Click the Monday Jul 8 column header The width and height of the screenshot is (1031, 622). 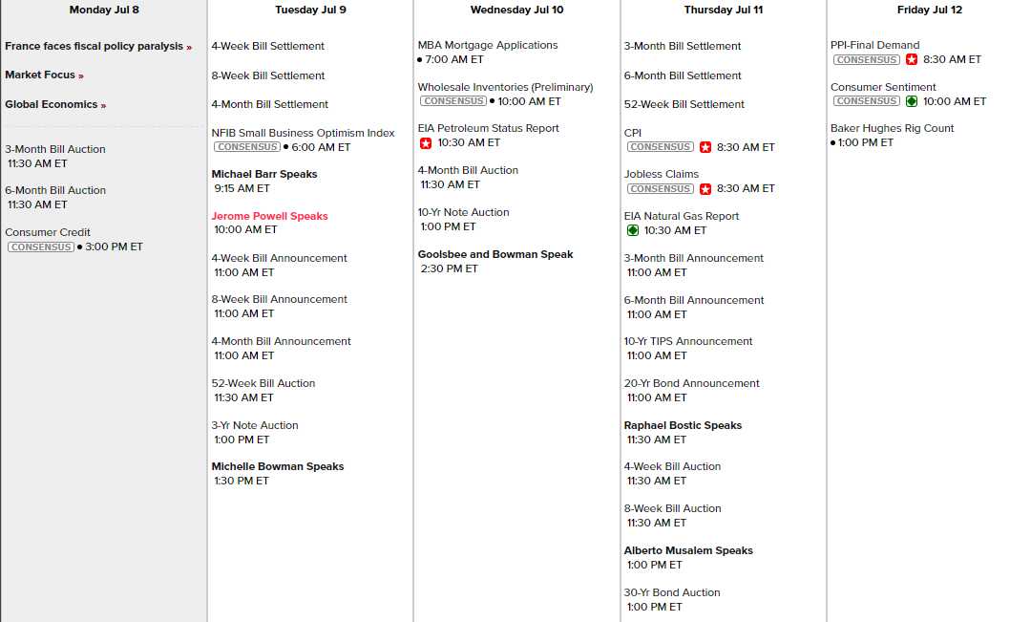point(104,10)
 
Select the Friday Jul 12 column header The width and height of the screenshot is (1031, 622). point(929,10)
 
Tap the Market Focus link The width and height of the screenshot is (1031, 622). point(40,75)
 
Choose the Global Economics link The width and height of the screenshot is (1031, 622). point(52,104)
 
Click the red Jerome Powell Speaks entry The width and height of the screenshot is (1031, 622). point(269,216)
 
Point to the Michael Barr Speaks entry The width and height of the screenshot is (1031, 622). point(264,174)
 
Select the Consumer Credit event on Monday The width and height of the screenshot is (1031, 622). point(48,232)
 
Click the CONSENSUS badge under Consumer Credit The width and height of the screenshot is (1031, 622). point(40,247)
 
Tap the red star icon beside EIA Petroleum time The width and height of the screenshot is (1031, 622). point(426,143)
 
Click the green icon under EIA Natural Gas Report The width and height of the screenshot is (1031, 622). point(632,230)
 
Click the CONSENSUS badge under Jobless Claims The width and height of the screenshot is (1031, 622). point(660,189)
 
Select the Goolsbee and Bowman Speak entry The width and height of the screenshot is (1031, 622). point(495,254)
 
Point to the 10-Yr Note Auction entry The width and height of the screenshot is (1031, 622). point(463,212)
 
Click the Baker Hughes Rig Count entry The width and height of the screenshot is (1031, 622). point(892,128)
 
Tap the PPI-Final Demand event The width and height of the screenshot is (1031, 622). point(874,45)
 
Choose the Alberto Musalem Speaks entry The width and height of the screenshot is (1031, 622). point(688,550)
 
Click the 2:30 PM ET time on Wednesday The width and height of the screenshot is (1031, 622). point(449,268)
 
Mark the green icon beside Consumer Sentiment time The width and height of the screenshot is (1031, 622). point(912,101)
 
